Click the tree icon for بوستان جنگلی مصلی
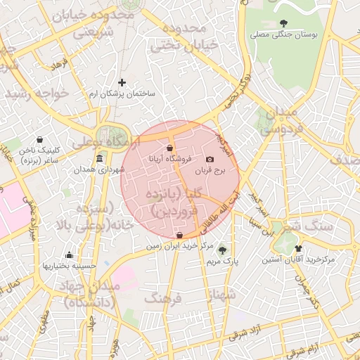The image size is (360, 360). coord(284,24)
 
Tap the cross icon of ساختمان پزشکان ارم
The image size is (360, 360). coord(122,82)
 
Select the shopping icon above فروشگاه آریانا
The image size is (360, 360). coord(170,148)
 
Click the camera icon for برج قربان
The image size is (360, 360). coord(209,160)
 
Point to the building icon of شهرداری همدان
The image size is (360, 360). coord(100,158)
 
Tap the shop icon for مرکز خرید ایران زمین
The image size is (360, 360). coord(180,236)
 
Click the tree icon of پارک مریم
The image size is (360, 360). coord(223,250)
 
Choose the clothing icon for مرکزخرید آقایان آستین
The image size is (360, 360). coord(298,248)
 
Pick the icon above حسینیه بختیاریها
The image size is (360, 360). coord(69,255)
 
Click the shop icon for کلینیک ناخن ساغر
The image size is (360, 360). coord(39,139)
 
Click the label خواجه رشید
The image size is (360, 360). coord(35,94)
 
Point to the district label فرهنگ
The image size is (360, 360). coord(162,298)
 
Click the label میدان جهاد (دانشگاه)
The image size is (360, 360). coord(90,294)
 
